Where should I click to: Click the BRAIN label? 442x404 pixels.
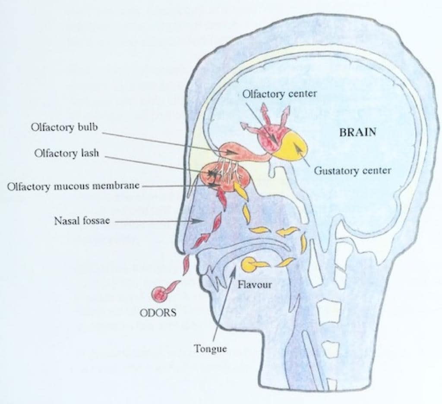pyautogui.click(x=357, y=132)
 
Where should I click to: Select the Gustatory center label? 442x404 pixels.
pyautogui.click(x=352, y=170)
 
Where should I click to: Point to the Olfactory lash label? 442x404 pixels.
pyautogui.click(x=66, y=154)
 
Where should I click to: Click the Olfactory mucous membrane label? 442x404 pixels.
pyautogui.click(x=73, y=186)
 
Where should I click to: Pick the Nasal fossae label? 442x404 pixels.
pyautogui.click(x=82, y=221)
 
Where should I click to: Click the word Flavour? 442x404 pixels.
pyautogui.click(x=255, y=285)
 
